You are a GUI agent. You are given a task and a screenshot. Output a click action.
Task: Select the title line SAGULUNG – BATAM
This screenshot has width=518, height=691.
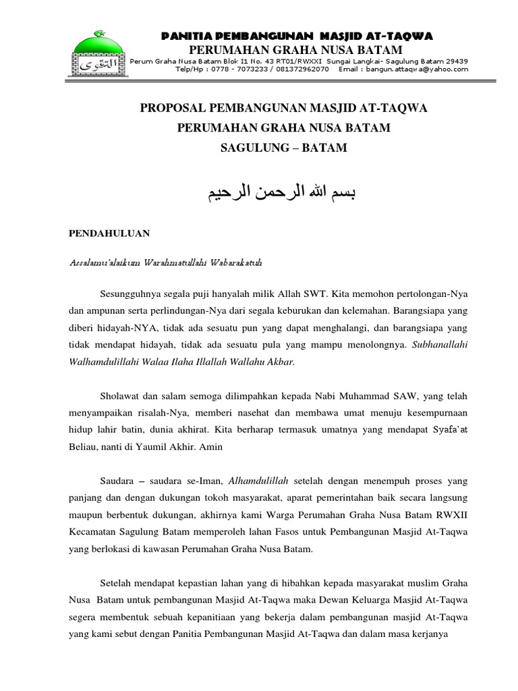click(284, 148)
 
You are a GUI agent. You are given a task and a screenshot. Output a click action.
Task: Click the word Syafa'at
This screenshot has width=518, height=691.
click(447, 429)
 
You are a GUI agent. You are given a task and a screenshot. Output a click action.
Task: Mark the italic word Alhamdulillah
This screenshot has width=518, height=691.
click(259, 480)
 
